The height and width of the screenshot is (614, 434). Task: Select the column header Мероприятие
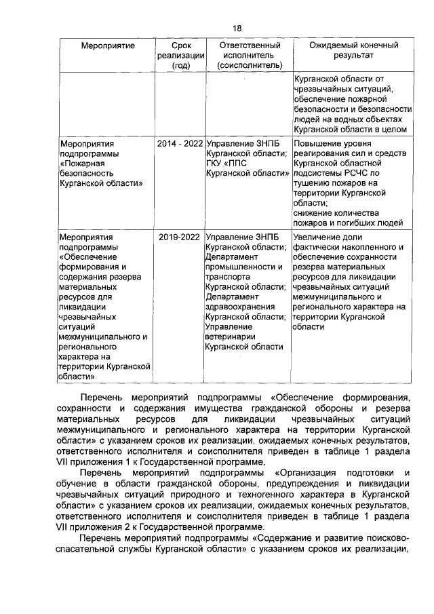point(104,45)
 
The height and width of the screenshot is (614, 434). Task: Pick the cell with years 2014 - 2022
point(180,144)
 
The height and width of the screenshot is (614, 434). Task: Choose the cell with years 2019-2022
point(180,237)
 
